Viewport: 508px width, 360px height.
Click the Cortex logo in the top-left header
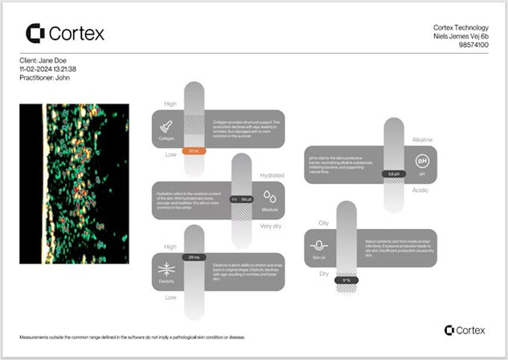coord(65,33)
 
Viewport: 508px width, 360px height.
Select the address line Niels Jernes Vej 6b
coord(461,37)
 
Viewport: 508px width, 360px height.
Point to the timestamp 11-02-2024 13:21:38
coord(53,69)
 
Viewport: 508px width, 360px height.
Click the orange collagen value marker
coord(194,150)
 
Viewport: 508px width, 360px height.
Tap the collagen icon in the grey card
coord(166,126)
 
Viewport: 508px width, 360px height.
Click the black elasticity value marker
coord(194,257)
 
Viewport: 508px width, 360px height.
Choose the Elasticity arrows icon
coord(166,270)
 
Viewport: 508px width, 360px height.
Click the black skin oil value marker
coord(346,280)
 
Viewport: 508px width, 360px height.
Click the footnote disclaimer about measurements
coord(132,337)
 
